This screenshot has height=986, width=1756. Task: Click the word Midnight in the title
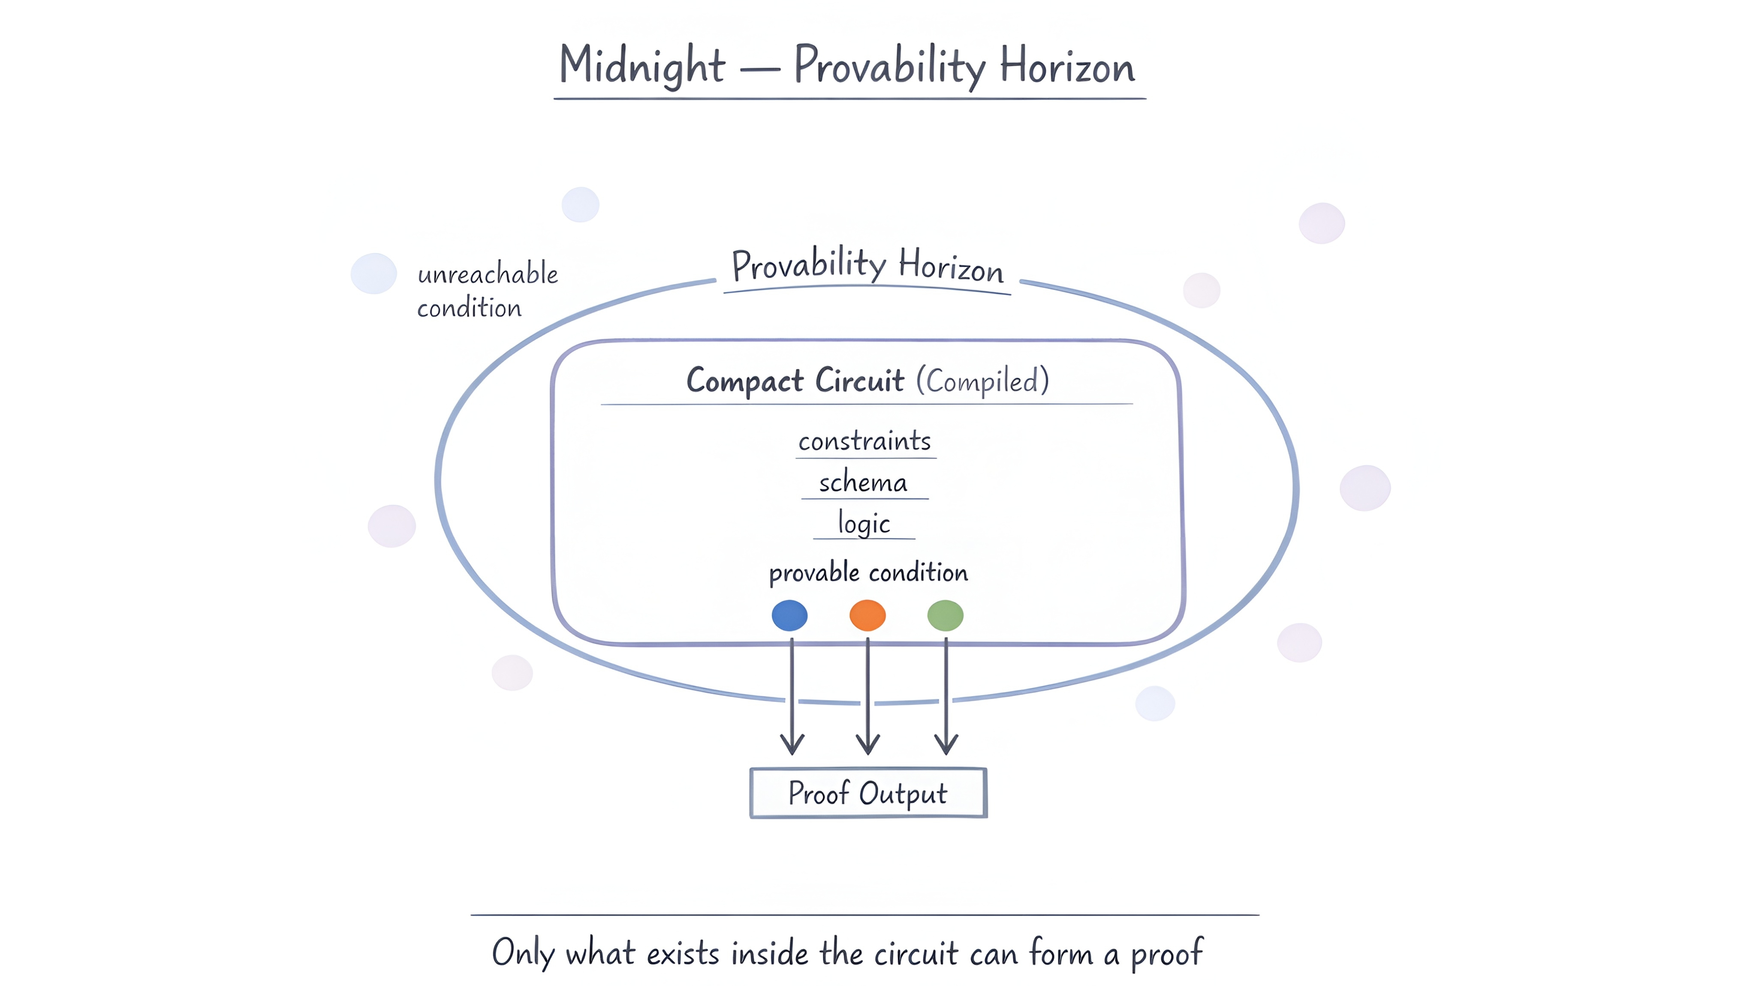(x=642, y=66)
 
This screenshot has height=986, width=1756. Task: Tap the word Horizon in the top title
(x=1067, y=67)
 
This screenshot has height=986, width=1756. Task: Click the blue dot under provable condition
(x=789, y=615)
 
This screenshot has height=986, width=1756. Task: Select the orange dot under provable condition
(x=867, y=615)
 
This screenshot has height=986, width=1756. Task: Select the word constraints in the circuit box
(x=864, y=441)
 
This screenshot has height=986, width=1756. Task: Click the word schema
(x=863, y=483)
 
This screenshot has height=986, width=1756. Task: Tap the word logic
(x=864, y=523)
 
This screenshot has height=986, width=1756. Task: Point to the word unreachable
(x=488, y=274)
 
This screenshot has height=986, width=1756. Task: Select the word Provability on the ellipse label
(x=808, y=264)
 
